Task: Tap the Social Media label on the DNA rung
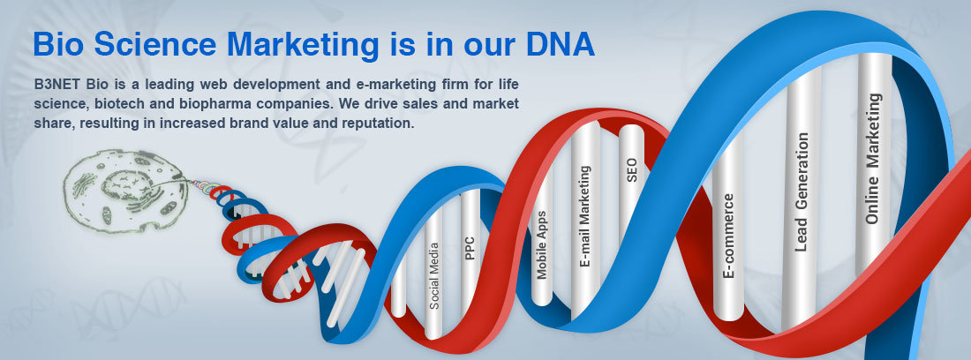pos(434,275)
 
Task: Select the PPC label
pos(470,248)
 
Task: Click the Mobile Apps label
pos(542,245)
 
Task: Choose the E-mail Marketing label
pos(584,216)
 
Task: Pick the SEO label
pos(632,170)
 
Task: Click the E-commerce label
pos(728,236)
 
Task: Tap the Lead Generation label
pos(802,191)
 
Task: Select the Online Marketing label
pos(873,158)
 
